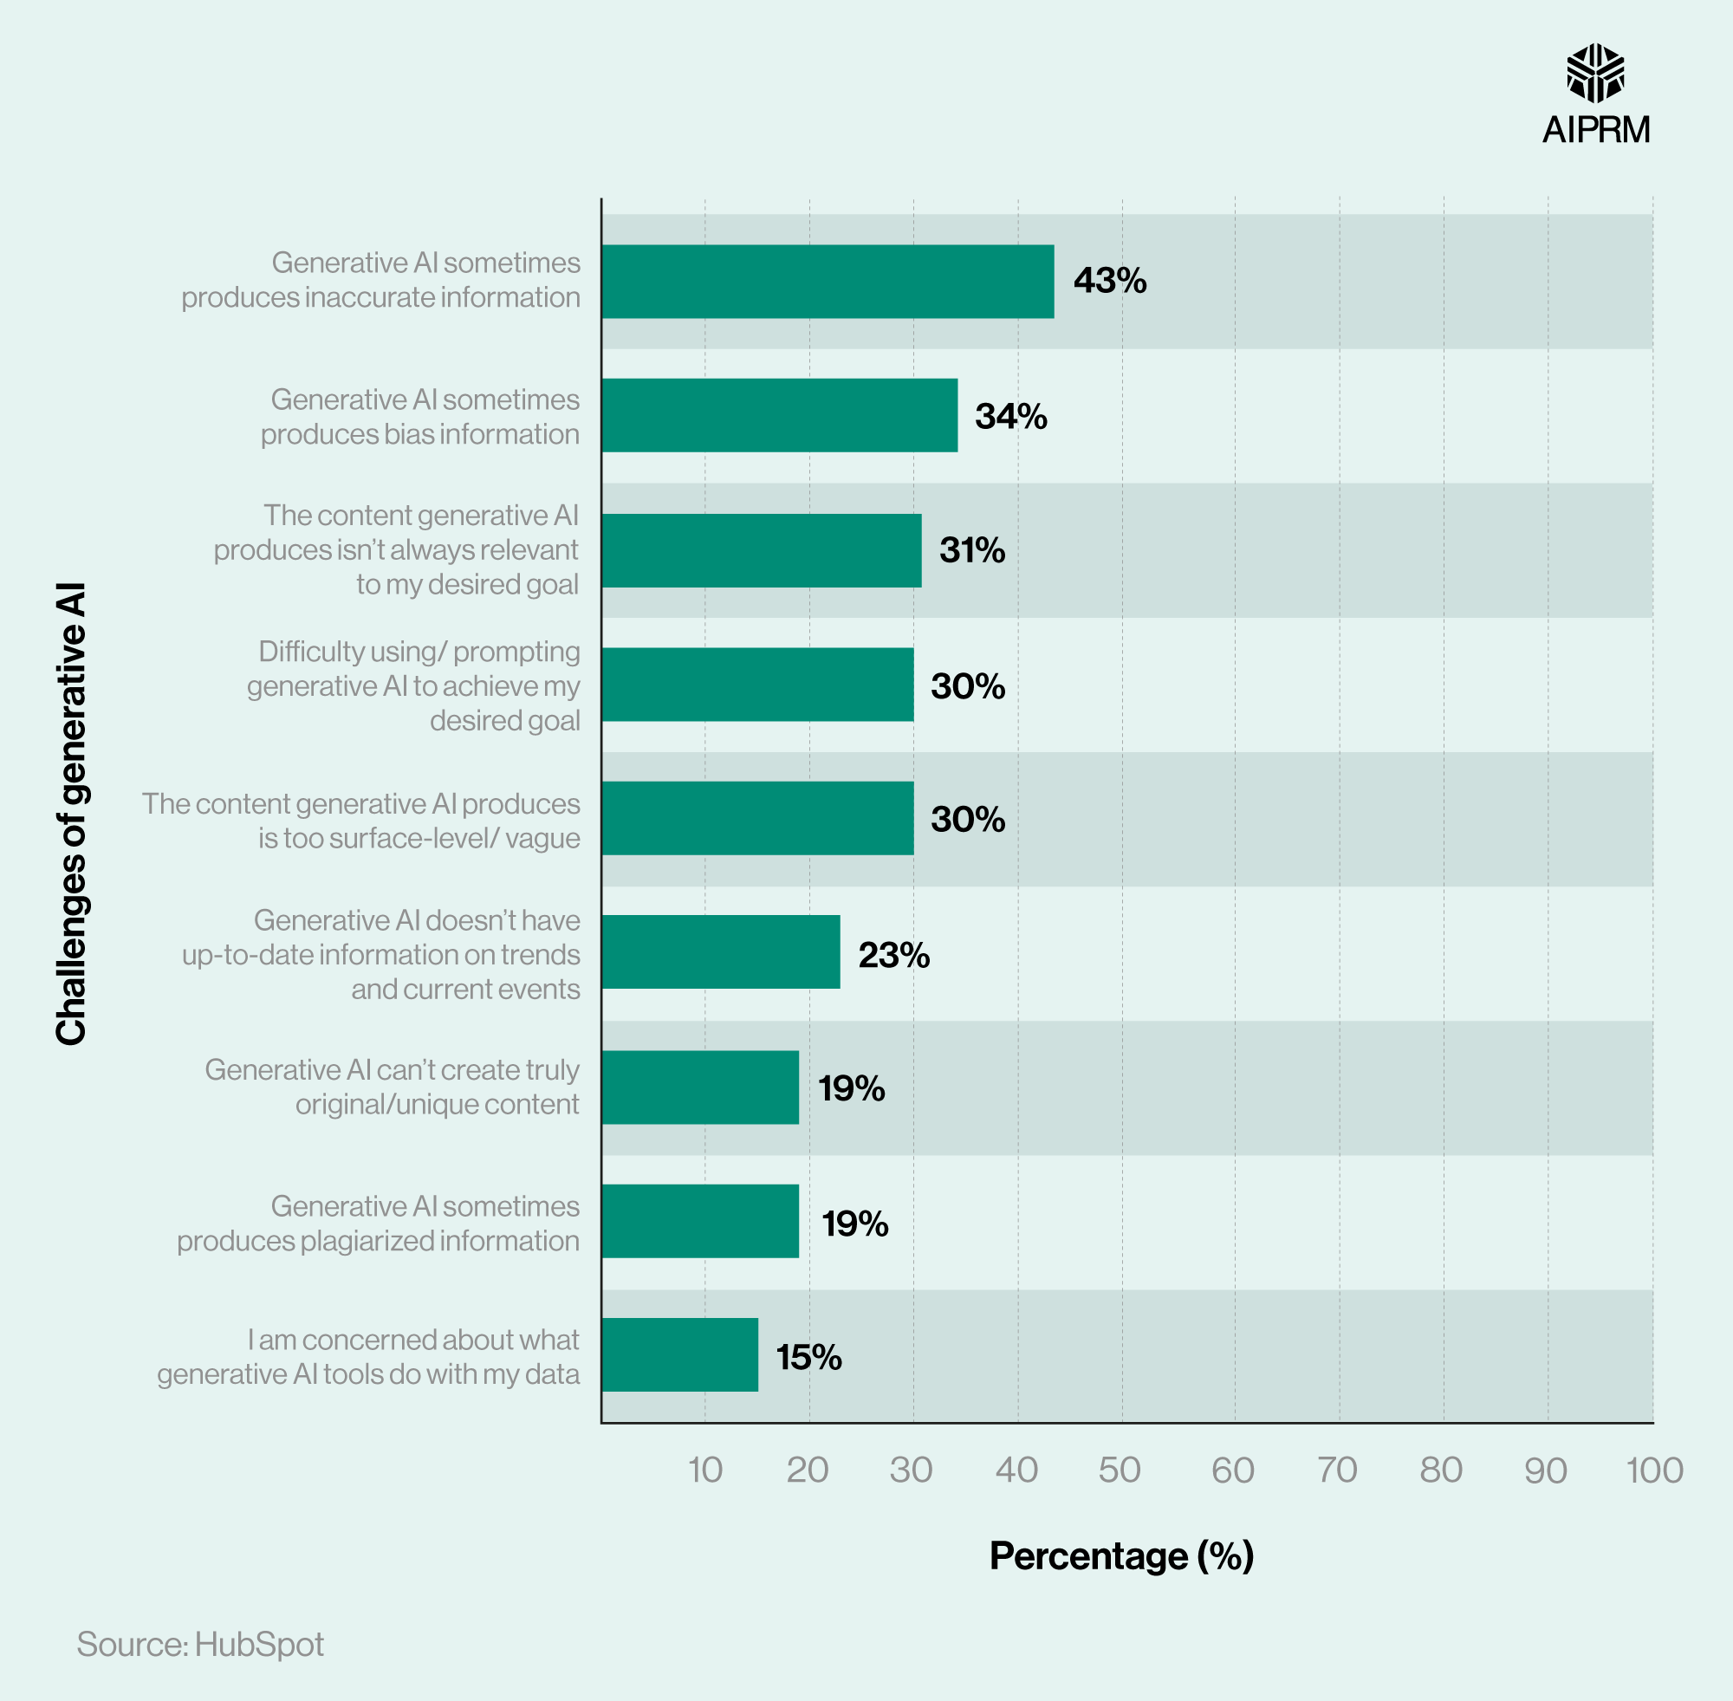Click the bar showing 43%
(828, 282)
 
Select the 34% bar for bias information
(779, 415)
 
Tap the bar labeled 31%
(761, 550)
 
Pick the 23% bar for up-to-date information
(720, 952)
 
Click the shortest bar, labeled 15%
(679, 1355)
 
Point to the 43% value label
(1109, 282)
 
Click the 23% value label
(893, 955)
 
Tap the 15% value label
(808, 1357)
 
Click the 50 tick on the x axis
(1120, 1471)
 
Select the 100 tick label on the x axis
(1653, 1471)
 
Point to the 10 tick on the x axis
(704, 1471)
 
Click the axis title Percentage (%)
(1121, 1555)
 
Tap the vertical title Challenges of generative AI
(71, 814)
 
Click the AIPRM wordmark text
(1595, 129)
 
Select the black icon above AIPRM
(1595, 74)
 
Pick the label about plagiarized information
(379, 1223)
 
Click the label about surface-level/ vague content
(360, 820)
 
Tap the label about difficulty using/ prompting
(413, 685)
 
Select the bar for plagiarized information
(699, 1221)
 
